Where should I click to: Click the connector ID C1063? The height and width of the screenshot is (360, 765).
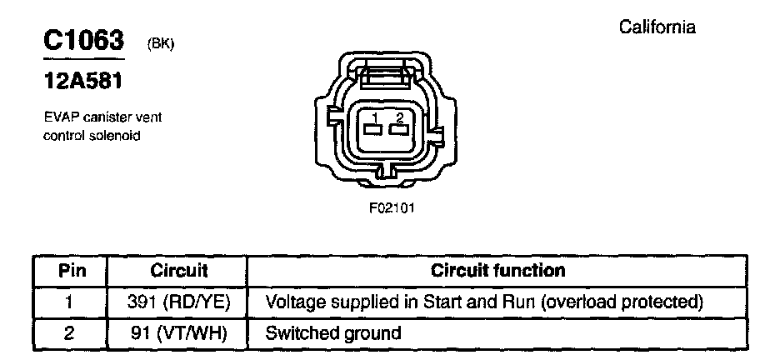(x=82, y=40)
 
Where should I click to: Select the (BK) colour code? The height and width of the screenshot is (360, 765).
(x=160, y=44)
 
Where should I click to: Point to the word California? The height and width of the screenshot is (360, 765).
(x=657, y=27)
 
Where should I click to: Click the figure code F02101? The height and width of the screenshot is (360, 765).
(x=391, y=208)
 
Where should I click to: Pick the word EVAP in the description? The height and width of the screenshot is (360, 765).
(x=58, y=117)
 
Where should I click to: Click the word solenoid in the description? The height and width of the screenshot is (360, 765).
(x=116, y=134)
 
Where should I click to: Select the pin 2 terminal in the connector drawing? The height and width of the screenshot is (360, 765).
(x=399, y=129)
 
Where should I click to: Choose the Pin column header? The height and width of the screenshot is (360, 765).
(x=71, y=271)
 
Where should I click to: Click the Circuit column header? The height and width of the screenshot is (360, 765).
(x=178, y=271)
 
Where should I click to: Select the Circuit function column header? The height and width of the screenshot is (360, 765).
(x=497, y=271)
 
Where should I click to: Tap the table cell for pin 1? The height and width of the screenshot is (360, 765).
(x=71, y=302)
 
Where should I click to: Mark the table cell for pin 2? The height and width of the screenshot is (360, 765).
(x=71, y=333)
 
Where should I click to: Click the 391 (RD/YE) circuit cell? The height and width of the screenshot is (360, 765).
(x=178, y=302)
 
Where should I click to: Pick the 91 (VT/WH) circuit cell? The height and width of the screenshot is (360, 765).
(x=178, y=333)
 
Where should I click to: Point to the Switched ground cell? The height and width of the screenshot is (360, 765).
(x=332, y=333)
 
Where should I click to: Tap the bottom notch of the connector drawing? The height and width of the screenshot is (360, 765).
(x=386, y=173)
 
